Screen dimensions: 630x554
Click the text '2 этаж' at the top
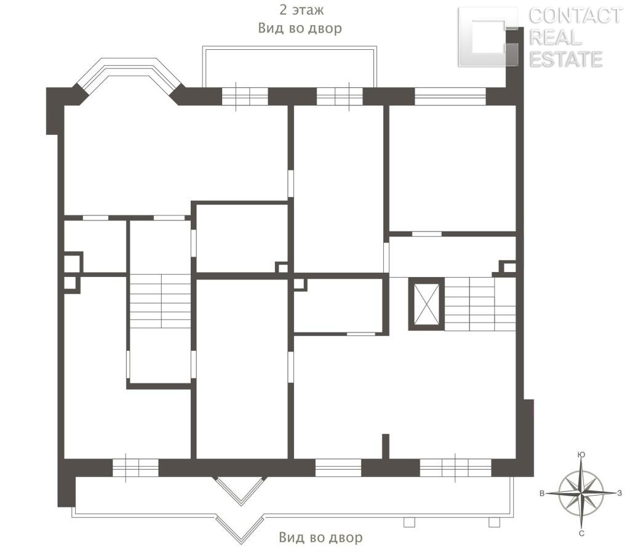coord(301,10)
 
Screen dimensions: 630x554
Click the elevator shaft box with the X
coord(426,303)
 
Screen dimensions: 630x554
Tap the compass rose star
coord(581,493)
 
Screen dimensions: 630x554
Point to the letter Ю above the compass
coord(581,455)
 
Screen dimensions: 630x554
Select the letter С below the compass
coord(581,534)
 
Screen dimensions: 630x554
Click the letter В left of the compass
coord(542,494)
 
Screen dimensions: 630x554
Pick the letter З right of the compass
coord(620,493)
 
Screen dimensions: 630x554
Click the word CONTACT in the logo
coord(575,16)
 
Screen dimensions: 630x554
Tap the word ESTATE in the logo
coord(566,59)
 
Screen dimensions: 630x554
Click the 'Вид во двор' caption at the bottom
coord(321,537)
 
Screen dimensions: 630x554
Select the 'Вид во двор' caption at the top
coord(300,28)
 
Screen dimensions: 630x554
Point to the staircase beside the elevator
coord(480,303)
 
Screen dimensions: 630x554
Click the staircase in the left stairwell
coord(161,301)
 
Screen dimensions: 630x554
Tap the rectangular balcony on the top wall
coord(289,66)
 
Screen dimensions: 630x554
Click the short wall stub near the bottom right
coord(385,446)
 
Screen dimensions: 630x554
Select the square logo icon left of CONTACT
coord(488,37)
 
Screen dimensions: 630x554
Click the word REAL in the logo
coord(556,38)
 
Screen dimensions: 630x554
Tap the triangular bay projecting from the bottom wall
coord(241,490)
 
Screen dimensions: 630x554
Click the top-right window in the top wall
coord(450,97)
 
